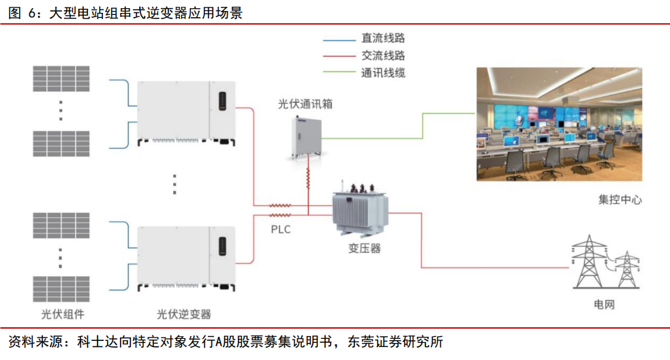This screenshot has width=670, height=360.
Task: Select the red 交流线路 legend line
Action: coord(339,56)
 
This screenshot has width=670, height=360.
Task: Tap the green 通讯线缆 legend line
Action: coord(339,72)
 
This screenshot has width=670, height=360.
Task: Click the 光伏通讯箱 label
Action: coord(305,104)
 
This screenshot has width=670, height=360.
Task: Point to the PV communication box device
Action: coord(304,136)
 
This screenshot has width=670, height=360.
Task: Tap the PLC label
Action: coord(280,230)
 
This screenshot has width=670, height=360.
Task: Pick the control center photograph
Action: coord(558,123)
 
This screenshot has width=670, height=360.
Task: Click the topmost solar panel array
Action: coord(61,78)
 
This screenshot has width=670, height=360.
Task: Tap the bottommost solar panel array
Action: coord(61,288)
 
